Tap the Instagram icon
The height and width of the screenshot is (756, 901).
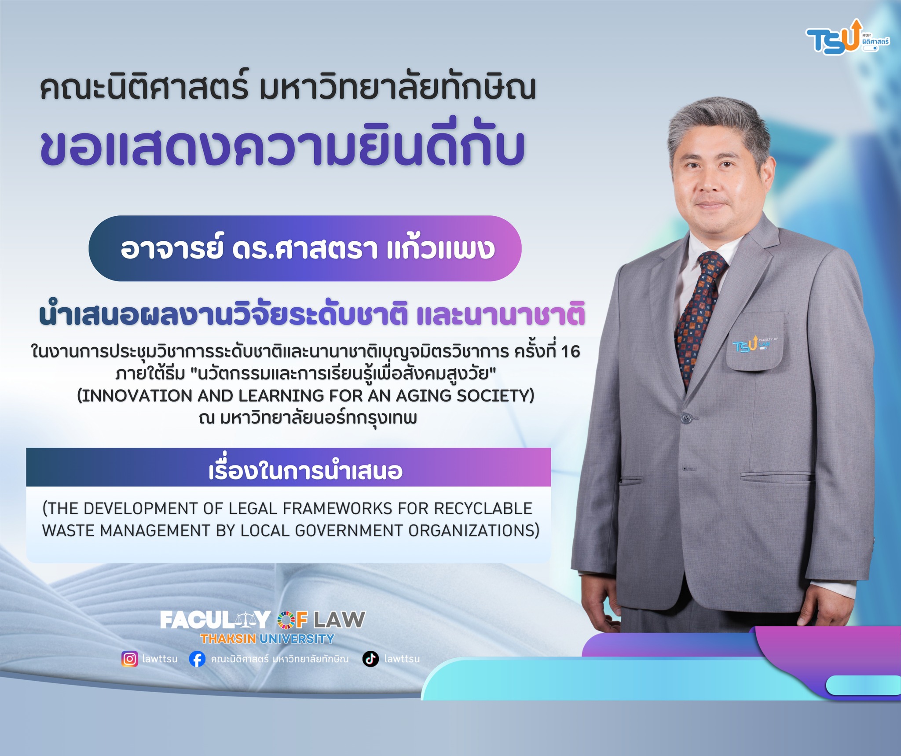tap(129, 659)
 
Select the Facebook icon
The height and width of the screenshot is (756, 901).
tap(197, 659)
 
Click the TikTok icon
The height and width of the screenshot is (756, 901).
tap(370, 659)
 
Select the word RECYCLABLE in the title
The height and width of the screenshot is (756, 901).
tap(483, 509)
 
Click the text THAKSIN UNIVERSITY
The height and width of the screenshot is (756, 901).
tap(267, 638)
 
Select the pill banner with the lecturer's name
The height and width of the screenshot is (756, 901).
tap(305, 248)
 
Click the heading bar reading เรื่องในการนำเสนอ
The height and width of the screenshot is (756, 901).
tap(289, 467)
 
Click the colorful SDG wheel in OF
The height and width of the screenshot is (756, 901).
tap(286, 620)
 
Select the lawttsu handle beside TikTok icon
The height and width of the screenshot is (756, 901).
tap(402, 659)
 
